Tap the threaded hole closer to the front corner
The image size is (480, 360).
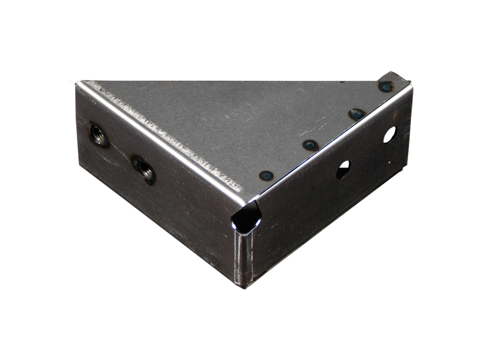[x=144, y=170]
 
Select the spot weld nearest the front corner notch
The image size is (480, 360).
[x=265, y=175]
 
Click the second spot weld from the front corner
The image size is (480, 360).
[x=310, y=145]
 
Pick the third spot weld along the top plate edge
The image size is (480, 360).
[x=357, y=113]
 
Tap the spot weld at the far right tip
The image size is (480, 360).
[x=385, y=86]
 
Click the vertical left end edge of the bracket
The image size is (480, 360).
[x=77, y=120]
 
